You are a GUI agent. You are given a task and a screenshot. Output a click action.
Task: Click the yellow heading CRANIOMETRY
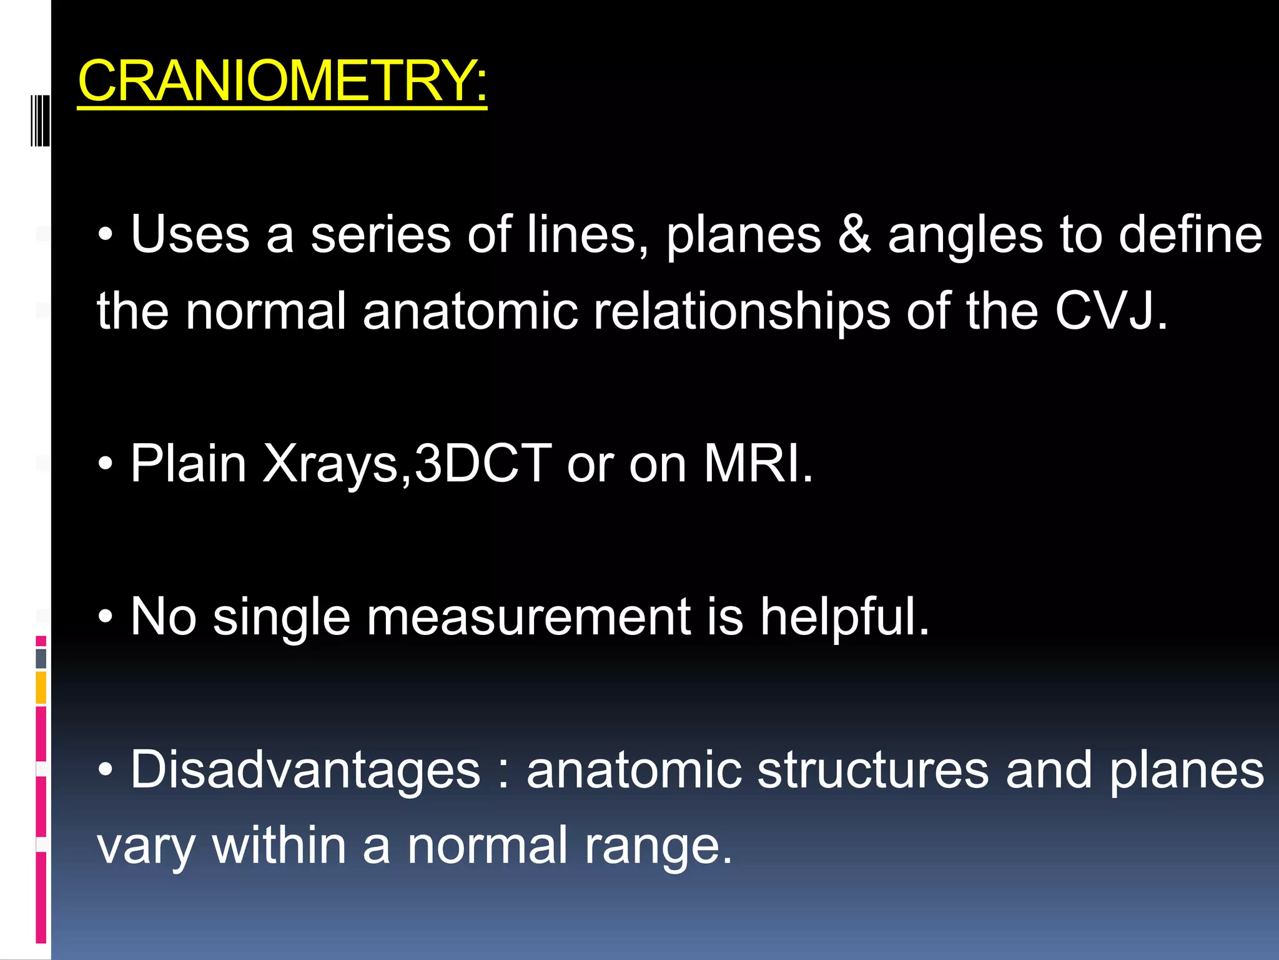282,81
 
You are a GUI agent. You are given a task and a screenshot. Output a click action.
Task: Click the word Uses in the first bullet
190,235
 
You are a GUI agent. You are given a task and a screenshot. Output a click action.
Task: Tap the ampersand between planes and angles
854,235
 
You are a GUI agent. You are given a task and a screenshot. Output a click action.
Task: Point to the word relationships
741,312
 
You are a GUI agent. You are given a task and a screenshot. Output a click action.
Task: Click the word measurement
528,617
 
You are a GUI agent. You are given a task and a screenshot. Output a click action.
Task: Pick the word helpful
844,617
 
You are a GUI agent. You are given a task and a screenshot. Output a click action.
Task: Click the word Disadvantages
305,770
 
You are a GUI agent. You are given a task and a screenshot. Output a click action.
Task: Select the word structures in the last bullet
872,770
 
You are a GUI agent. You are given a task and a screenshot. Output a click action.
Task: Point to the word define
1190,235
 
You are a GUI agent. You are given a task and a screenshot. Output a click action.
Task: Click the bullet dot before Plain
106,464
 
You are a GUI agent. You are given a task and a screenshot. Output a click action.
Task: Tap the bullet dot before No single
106,617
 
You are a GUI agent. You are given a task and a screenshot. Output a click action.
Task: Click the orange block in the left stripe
41,687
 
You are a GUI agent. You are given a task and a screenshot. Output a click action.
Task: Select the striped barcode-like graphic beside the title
40,120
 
